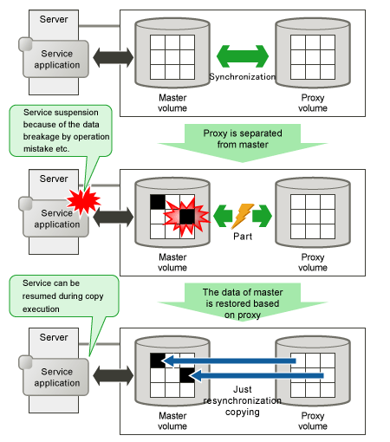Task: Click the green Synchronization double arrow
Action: pos(243,56)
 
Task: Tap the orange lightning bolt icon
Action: pos(242,216)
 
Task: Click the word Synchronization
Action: pos(242,77)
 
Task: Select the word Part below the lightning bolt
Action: pos(243,237)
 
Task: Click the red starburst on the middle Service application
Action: pos(83,200)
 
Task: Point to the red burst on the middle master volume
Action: pos(187,217)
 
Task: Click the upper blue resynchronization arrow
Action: pos(229,361)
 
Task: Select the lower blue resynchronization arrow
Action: pos(256,375)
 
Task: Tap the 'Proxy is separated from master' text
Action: pos(243,139)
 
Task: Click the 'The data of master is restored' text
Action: pos(243,303)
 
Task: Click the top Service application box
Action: pos(55,59)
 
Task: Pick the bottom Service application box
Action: pos(55,377)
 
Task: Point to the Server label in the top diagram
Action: pos(54,19)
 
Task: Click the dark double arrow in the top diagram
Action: pos(114,57)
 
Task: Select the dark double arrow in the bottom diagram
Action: pos(114,375)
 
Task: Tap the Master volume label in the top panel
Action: pos(172,103)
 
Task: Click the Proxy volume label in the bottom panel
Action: pos(313,421)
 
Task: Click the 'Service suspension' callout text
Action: pos(66,131)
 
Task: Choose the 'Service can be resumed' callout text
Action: pos(62,296)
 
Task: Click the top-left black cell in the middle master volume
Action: pos(158,202)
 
